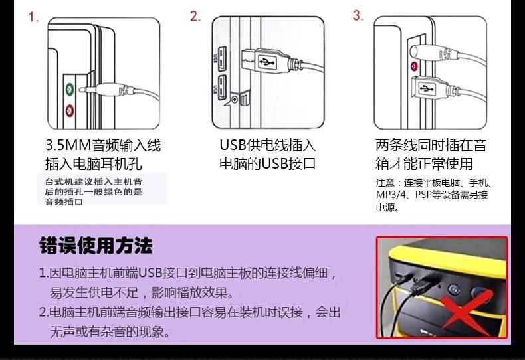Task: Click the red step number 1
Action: coord(34,17)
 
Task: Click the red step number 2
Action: coord(195,17)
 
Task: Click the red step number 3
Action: coord(358,15)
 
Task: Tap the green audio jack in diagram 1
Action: coord(69,88)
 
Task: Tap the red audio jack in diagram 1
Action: coord(69,110)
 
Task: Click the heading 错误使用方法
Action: coord(96,246)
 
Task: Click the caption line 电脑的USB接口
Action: coord(267,163)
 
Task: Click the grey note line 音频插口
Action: coord(64,201)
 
